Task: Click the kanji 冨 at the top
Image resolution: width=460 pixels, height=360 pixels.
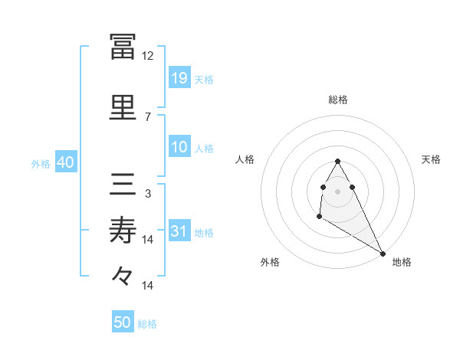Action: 123,47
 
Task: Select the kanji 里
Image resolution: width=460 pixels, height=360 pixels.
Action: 123,106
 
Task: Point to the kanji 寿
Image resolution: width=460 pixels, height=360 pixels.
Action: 123,229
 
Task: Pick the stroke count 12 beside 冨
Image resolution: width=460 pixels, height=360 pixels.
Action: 148,56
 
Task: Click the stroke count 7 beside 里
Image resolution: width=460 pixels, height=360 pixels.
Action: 148,116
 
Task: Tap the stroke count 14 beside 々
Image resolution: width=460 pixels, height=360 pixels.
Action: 148,286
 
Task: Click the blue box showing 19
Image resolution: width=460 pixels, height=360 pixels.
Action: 179,77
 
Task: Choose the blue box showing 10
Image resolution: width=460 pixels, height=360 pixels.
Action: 179,147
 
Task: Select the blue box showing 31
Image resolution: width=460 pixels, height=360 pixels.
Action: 179,231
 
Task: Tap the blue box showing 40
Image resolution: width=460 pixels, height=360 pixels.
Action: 65,162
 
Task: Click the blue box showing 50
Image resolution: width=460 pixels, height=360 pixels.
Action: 123,322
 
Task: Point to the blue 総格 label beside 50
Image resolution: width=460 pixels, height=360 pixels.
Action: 147,324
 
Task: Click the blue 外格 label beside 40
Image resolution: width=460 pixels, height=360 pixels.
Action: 41,163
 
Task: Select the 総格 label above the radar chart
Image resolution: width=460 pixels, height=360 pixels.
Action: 338,100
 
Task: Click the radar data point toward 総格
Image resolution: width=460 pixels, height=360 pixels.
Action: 338,162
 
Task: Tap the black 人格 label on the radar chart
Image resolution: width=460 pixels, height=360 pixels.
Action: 245,159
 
